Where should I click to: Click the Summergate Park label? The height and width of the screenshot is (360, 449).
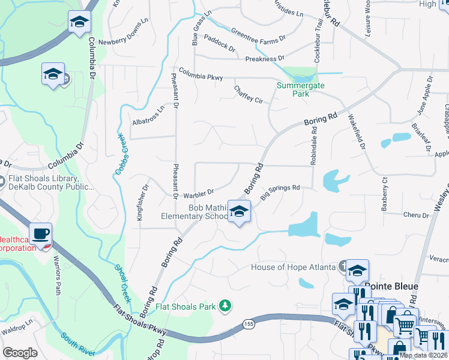pos(300,89)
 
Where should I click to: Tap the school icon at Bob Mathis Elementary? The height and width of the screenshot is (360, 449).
pos(239,212)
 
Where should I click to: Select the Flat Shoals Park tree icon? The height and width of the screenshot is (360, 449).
pos(225,306)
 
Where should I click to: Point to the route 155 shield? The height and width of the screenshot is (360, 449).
pos(248,324)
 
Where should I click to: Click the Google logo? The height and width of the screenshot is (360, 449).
pos(20,353)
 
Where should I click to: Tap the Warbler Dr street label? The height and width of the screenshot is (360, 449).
pos(199,193)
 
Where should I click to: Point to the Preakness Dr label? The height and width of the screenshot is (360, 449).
pos(265,59)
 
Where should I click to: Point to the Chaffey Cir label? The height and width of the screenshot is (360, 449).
pos(249,94)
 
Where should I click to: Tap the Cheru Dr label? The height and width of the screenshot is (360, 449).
pos(417,215)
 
